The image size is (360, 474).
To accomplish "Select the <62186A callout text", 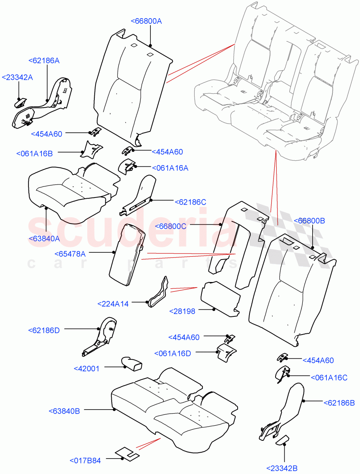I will pyautogui.click(x=44, y=60).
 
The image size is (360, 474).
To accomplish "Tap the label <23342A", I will pyautogui.click(x=17, y=77).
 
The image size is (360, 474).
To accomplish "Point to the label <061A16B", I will pyautogui.click(x=35, y=153).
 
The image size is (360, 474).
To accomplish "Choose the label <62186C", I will pyautogui.click(x=190, y=202).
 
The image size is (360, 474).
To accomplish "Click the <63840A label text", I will pyautogui.click(x=44, y=238).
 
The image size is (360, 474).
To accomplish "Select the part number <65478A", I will pyautogui.click(x=69, y=254).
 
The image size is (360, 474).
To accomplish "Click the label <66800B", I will pyautogui.click(x=309, y=221).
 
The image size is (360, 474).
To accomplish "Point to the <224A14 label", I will pyautogui.click(x=113, y=304).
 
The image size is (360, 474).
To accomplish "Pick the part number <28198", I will pyautogui.click(x=182, y=311).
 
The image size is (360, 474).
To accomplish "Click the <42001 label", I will pyautogui.click(x=86, y=368).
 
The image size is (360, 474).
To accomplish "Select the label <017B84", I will pyautogui.click(x=85, y=461).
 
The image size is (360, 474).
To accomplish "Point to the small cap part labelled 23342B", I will pyautogui.click(x=282, y=440).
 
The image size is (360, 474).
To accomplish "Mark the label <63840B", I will pyautogui.click(x=64, y=411).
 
